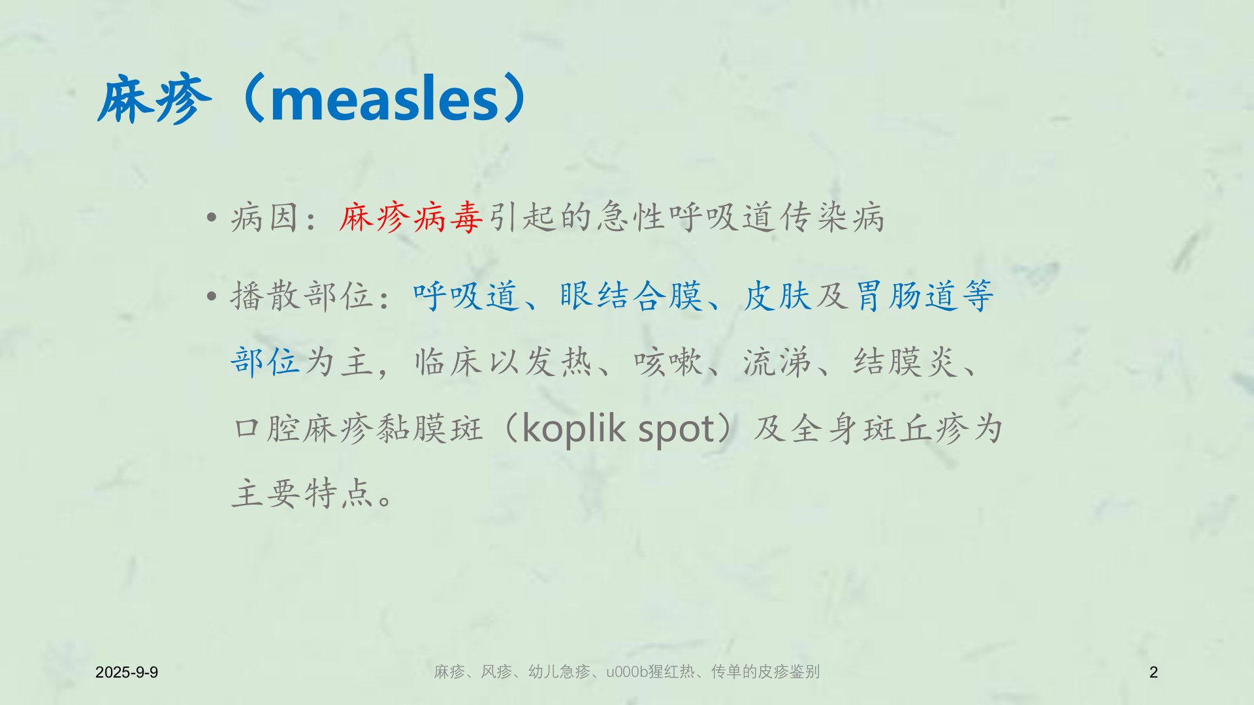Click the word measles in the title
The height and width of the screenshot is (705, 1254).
[x=385, y=99]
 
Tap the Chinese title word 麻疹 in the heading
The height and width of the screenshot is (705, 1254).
[x=155, y=100]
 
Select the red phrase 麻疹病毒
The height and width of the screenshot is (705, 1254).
[x=411, y=217]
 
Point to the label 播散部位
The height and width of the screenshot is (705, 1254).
[x=302, y=296]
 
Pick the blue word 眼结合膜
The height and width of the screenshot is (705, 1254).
[x=631, y=296]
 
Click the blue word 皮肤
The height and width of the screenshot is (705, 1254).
[x=777, y=296]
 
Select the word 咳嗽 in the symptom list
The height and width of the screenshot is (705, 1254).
[x=667, y=362]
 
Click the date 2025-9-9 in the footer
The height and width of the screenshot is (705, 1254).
[x=127, y=672]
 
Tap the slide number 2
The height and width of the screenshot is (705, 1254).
[x=1153, y=672]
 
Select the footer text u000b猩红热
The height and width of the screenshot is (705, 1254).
[x=651, y=672]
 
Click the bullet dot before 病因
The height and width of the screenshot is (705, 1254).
[x=211, y=217]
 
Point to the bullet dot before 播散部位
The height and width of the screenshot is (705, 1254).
[x=211, y=296]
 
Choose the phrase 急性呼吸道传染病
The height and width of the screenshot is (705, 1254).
[x=741, y=217]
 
